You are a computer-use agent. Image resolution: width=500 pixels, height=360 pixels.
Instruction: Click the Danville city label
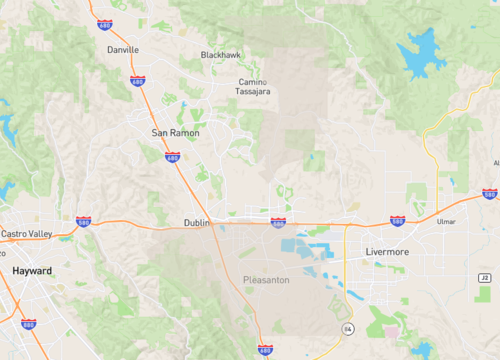[x=122, y=49]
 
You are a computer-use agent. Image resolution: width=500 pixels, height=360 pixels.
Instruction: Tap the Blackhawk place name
[x=221, y=54]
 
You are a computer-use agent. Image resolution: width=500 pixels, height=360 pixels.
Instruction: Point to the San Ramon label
[x=175, y=133]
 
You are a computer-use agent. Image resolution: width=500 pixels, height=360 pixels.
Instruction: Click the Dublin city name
[x=197, y=223]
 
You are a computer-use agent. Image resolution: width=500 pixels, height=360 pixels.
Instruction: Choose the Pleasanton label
[x=266, y=280]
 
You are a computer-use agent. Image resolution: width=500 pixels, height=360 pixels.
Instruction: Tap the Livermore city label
[x=386, y=252]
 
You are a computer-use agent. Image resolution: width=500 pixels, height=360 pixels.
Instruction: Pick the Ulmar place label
[x=446, y=222]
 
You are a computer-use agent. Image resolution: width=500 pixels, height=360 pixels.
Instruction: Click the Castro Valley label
[x=26, y=234]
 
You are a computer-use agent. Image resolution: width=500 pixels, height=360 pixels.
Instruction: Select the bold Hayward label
[x=32, y=271]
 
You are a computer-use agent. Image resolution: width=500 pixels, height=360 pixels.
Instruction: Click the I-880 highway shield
[x=28, y=324]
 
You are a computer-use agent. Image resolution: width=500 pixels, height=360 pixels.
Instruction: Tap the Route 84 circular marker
[x=347, y=328]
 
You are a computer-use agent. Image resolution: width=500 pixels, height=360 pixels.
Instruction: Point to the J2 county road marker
[x=485, y=277]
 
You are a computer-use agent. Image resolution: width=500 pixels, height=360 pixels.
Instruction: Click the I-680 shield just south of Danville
[x=137, y=80]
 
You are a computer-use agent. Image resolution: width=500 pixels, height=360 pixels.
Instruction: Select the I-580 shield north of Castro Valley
[x=83, y=222]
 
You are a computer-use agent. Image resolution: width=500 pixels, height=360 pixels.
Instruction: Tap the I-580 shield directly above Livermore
[x=397, y=220]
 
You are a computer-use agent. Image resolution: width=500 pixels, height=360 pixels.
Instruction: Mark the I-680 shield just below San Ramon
[x=172, y=157]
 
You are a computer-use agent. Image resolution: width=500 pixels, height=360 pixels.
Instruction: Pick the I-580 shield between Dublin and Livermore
[x=278, y=222]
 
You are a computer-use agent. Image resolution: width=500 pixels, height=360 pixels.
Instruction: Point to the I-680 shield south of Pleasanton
[x=264, y=350]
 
